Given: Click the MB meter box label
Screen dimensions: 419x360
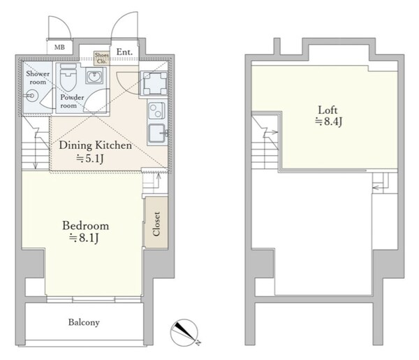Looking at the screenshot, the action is point(59,48).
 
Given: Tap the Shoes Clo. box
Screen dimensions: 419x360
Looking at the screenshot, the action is point(101,58).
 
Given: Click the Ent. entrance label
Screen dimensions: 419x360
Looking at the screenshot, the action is point(124,52).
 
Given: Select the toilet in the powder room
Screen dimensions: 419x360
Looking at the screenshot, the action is point(68,77).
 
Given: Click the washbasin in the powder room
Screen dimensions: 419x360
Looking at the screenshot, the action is point(94,76).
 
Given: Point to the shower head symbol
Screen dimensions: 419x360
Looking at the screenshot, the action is point(31,96).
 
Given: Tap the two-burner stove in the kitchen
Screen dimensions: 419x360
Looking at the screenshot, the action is point(156,110).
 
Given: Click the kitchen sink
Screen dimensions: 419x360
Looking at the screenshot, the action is point(157,134).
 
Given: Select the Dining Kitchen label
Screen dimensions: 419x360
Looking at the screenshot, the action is point(96,145).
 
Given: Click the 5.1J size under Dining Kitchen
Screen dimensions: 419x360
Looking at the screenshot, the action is point(90,159).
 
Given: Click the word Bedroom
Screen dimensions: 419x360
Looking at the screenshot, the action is point(85,226).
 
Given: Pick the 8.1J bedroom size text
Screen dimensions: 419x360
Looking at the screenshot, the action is point(84,238).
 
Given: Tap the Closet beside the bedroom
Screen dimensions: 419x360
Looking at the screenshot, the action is point(156,224).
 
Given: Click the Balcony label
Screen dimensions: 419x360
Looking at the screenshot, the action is point(84,322).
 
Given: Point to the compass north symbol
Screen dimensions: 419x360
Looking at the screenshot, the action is point(184,333).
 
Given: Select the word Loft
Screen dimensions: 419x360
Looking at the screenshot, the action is point(328,110).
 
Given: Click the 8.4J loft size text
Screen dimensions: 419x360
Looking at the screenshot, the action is point(329,122).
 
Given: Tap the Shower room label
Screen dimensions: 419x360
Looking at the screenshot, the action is point(38,78).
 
